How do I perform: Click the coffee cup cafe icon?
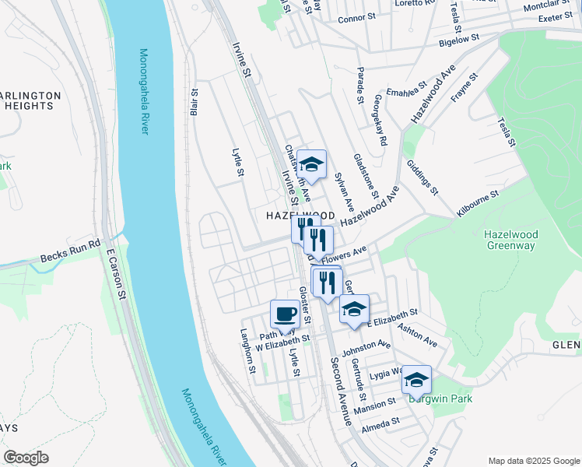(285, 314)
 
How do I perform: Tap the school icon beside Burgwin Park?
(416, 380)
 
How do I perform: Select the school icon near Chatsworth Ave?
(311, 164)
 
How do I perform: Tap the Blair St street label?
(195, 102)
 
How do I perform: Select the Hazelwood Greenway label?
(510, 239)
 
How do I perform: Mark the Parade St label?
(359, 87)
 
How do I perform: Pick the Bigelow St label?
(458, 40)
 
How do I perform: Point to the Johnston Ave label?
(365, 344)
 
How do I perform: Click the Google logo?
(26, 458)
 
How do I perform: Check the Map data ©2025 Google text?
(533, 460)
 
